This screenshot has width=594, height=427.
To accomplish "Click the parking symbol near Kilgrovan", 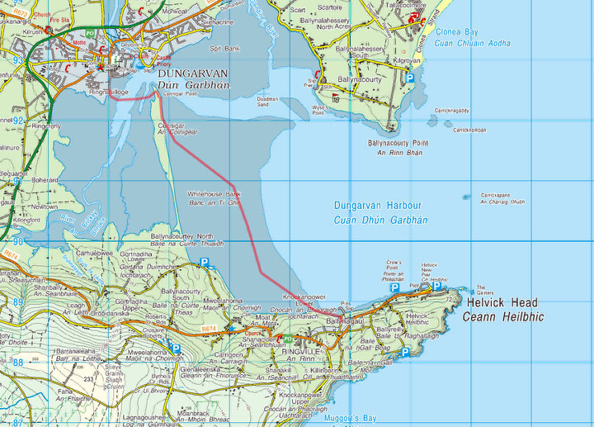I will pyautogui.click(x=409, y=78).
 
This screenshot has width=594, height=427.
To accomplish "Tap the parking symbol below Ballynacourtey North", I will pyautogui.click(x=205, y=263).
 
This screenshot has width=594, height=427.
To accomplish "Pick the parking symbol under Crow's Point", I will pyautogui.click(x=394, y=287).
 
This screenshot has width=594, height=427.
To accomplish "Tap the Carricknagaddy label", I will pyautogui.click(x=452, y=110).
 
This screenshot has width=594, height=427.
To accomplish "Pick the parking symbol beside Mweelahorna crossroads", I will pyautogui.click(x=176, y=348).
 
